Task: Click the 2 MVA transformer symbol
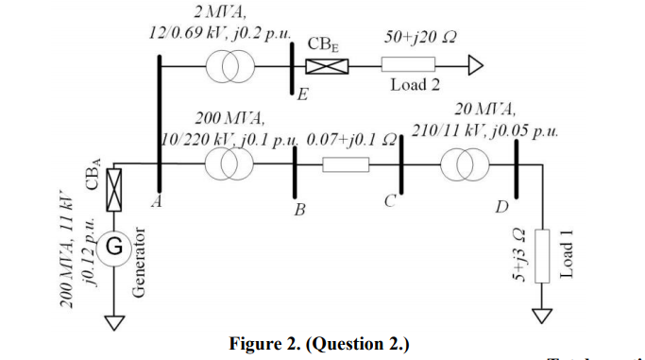pos(230,65)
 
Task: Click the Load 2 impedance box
pos(408,65)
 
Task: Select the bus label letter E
pos(302,94)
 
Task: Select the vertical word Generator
pos(138,265)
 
